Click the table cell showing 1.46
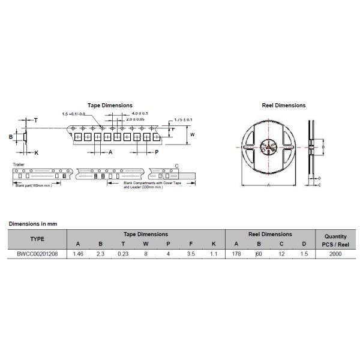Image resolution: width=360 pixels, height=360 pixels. coord(77,254)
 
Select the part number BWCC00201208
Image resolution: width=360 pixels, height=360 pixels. coord(37,254)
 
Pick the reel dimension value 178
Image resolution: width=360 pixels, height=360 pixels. coord(236,254)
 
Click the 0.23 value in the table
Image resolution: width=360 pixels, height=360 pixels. coord(123,254)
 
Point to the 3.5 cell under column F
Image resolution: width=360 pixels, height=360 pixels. coord(191,254)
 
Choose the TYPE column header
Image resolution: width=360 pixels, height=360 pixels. coord(37,239)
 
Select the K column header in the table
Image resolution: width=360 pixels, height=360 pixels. coord(213,244)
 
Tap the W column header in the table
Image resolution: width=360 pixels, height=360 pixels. coord(146,244)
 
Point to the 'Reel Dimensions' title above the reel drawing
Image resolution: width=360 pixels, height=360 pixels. coord(283,106)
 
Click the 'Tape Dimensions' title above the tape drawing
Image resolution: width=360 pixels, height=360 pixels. coord(110,106)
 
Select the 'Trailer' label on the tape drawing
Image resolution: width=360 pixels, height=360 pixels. coord(19,164)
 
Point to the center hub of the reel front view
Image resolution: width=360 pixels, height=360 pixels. coord(268,147)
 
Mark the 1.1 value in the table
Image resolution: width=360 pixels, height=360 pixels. coord(213,254)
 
